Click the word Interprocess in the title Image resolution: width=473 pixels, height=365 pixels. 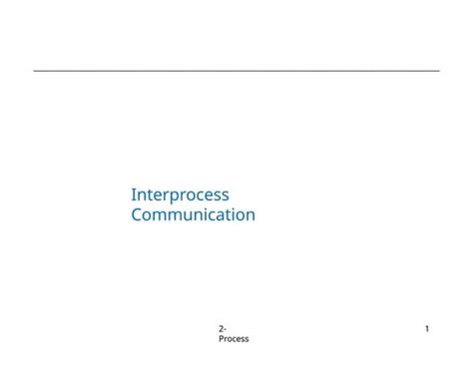pos(180,195)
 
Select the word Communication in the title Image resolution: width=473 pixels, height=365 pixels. pos(193,214)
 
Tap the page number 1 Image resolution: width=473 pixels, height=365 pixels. pos(427,329)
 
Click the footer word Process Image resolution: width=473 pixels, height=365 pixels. pos(234,339)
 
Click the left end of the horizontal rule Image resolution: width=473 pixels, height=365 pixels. pos(35,71)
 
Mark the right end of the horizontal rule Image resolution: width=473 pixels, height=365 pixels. pos(438,71)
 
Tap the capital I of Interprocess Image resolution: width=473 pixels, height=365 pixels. pos(134,195)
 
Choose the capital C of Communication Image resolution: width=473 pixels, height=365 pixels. pos(137,214)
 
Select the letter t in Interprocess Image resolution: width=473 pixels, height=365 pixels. pos(147,195)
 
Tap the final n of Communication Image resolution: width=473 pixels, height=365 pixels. pos(249,215)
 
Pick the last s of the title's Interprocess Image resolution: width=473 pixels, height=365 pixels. pos(225,196)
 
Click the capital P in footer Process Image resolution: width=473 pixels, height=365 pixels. pos(221,339)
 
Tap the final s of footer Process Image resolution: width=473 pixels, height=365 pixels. pos(246,339)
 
